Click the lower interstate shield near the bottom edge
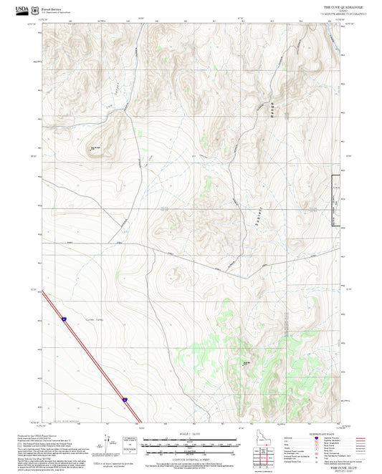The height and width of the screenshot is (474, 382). tap(124, 398)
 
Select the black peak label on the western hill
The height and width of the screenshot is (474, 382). tap(94, 148)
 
